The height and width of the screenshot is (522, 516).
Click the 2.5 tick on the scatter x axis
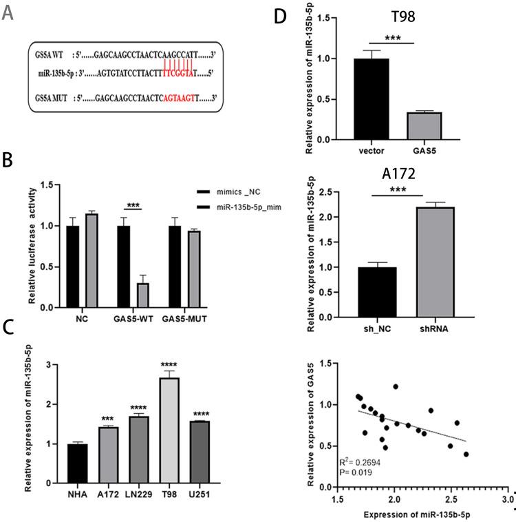coord(451,497)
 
